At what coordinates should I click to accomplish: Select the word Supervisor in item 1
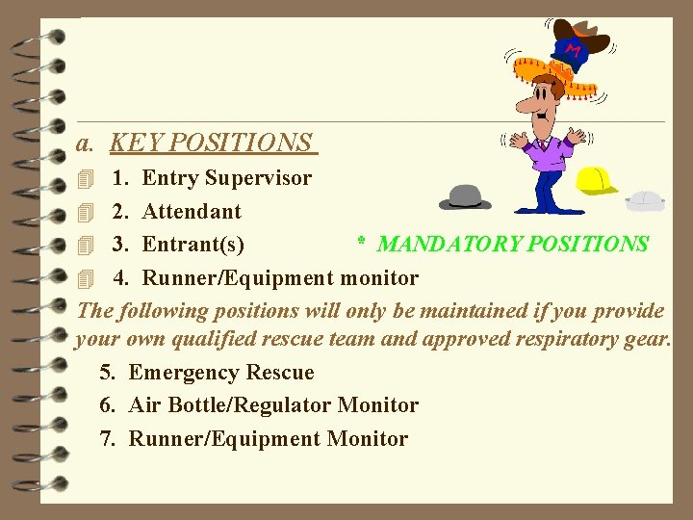coord(258,178)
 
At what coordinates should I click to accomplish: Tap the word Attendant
coord(192,211)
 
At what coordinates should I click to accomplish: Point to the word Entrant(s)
coord(192,245)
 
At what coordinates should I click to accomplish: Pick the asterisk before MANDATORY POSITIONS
coord(362,243)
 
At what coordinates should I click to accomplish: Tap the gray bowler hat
coord(465,197)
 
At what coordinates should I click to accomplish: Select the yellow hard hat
coord(596,180)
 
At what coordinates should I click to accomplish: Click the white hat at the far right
coord(645,201)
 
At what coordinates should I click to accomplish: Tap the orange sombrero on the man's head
coord(556,73)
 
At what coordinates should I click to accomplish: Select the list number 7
coord(108,439)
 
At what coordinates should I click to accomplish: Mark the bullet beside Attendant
coord(85,212)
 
